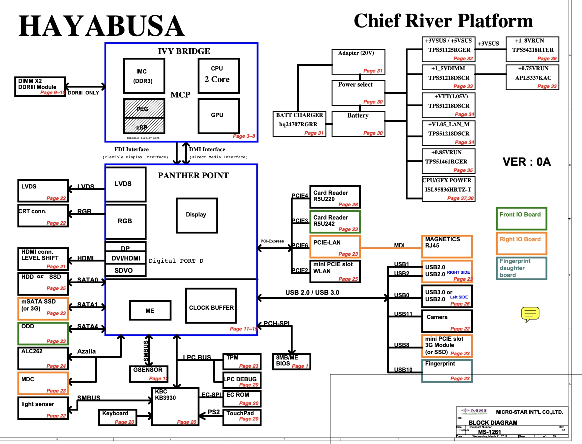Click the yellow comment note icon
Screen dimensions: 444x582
tap(530, 314)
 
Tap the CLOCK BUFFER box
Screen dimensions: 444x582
tap(211, 306)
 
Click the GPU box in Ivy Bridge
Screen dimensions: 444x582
tap(218, 115)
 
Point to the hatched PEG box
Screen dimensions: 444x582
tap(144, 108)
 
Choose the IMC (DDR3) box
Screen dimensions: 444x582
tap(144, 76)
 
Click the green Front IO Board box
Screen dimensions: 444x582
tap(521, 218)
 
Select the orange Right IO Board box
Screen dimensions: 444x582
tap(521, 243)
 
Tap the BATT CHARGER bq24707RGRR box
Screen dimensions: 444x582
tap(299, 124)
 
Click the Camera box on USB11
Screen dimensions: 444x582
tap(447, 321)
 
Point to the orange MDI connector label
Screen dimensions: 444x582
tap(399, 245)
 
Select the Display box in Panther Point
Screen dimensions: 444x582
tap(197, 215)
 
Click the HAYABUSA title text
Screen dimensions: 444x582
tap(102, 26)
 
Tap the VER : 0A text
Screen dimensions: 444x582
tap(526, 162)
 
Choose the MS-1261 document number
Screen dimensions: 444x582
tap(489, 432)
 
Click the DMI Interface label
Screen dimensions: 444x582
tap(207, 149)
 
